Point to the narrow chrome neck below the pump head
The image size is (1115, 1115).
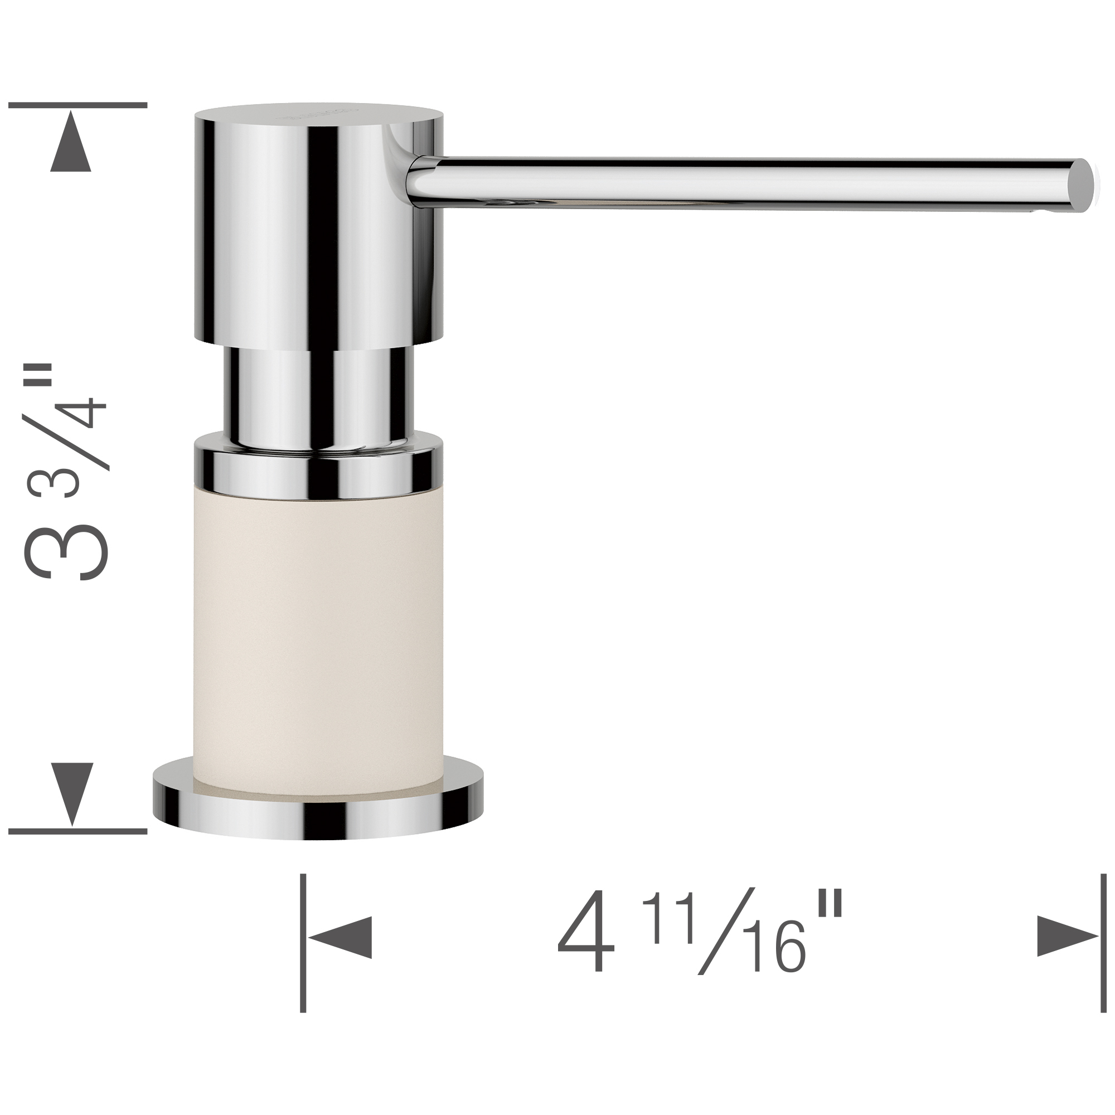click(317, 398)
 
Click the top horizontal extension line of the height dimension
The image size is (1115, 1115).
click(77, 105)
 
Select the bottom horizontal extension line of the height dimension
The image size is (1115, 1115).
click(77, 832)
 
